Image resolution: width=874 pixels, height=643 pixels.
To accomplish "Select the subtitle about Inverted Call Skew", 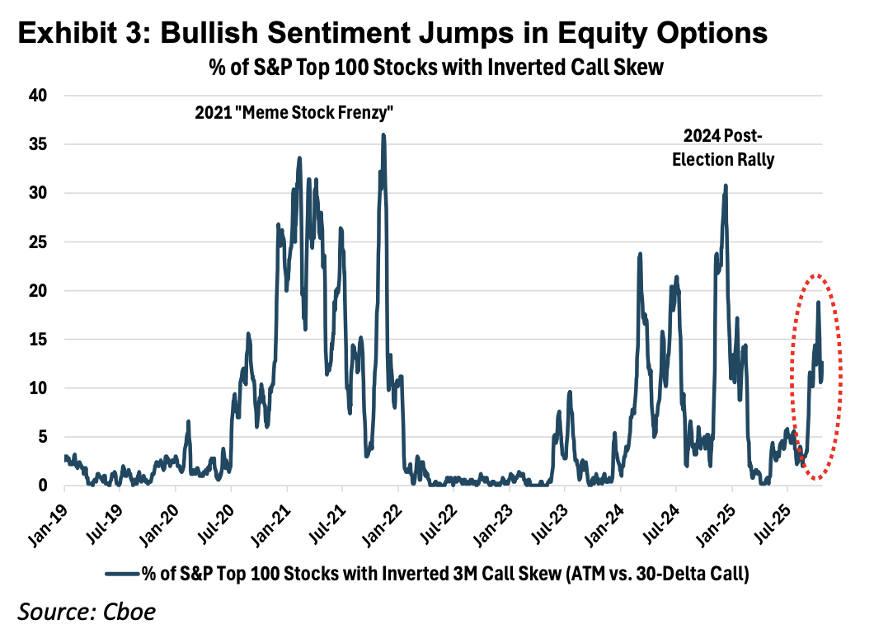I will tap(435, 68).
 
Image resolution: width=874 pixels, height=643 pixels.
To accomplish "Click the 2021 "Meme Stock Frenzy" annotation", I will tap(292, 113).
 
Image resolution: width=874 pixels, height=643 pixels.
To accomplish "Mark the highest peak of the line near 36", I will tap(383, 134).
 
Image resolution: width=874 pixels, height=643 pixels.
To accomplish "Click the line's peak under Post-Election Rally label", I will tap(726, 185).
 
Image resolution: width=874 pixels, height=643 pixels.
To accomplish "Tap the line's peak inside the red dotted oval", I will tap(818, 302).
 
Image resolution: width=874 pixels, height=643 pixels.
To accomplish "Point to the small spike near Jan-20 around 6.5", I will tap(188, 421).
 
